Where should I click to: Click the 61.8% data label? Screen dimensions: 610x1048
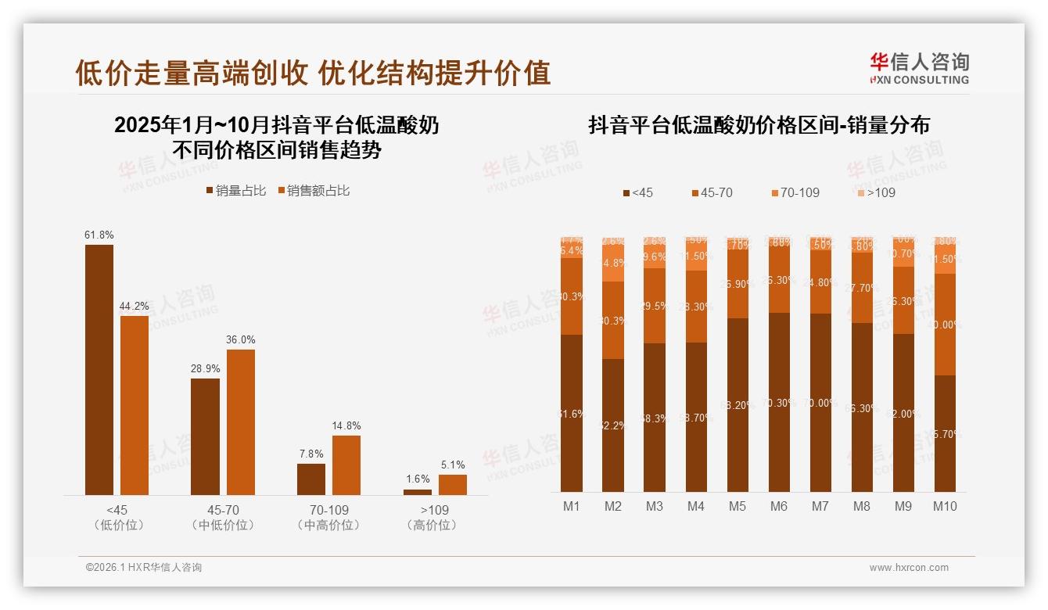99,235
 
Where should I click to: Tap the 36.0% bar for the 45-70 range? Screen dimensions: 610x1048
241,422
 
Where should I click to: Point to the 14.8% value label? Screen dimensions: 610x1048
346,425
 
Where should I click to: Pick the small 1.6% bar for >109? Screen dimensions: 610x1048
418,492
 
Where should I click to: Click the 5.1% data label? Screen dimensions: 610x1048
452,465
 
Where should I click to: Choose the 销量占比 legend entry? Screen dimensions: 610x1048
236,191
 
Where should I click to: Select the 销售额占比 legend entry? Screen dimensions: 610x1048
314,191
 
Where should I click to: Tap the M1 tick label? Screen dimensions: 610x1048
572,506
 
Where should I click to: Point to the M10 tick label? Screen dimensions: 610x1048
945,506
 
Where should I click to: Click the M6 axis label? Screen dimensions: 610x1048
779,506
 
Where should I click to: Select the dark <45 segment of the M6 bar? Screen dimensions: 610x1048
779,402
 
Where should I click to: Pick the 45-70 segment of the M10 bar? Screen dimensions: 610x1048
945,324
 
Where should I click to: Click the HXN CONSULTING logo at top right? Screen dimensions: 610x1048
919,69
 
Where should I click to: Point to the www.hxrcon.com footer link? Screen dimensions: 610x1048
909,568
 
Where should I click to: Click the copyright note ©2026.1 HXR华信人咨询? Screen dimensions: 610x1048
144,568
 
